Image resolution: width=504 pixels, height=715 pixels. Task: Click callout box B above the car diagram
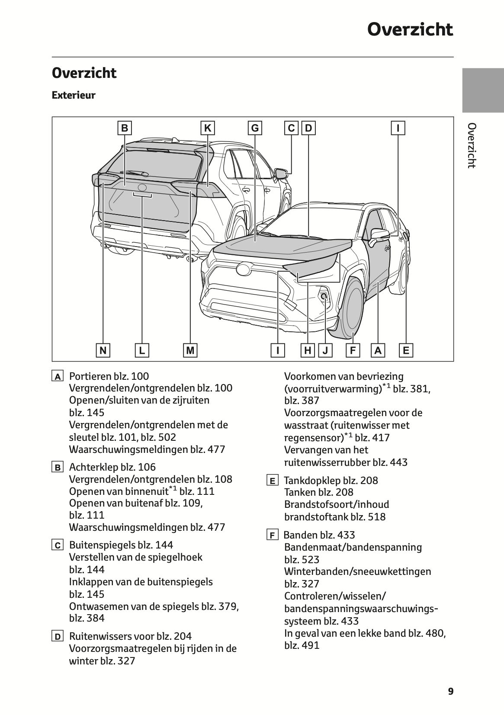125,128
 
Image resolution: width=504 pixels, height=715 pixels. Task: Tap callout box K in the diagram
208,128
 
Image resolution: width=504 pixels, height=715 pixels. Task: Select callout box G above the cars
255,128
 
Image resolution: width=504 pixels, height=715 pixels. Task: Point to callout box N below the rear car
103,350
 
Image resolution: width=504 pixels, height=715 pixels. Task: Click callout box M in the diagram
190,350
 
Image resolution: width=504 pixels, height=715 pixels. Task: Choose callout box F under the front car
353,350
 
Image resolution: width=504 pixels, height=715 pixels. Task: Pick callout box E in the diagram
406,350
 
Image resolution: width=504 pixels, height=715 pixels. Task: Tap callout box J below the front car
325,350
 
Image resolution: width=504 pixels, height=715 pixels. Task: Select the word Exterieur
74,95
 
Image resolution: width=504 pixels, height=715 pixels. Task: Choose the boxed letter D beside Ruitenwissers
57,637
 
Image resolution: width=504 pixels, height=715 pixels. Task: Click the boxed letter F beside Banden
272,535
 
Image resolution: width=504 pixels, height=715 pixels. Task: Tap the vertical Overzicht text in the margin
472,145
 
